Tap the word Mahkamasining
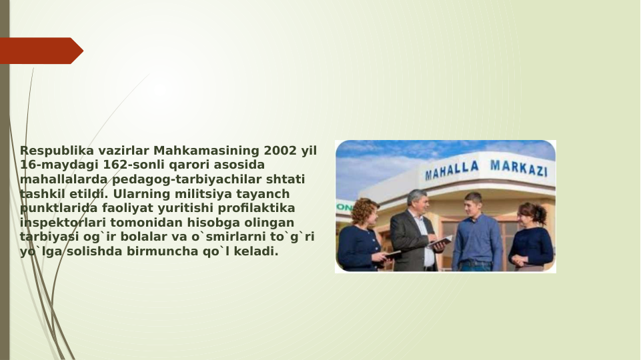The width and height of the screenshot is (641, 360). (207, 151)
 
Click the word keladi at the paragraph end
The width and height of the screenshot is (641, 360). (256, 252)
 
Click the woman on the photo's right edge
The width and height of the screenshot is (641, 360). (531, 237)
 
